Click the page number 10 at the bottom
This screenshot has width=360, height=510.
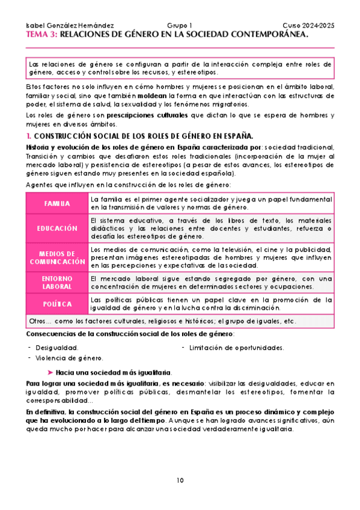coord(180,480)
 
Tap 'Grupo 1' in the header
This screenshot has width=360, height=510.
coord(179,26)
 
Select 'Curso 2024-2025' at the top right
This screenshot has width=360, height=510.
coord(308,26)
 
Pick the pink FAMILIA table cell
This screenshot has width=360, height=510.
coord(57,203)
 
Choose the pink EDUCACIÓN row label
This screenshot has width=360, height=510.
coord(57,229)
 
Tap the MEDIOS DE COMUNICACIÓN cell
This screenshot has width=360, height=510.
coord(57,258)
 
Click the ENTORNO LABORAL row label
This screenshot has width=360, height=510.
coord(57,283)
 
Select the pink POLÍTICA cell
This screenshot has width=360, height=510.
coord(57,304)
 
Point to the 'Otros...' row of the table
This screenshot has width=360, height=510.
coord(162,321)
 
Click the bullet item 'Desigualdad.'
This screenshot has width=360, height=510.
coord(56,348)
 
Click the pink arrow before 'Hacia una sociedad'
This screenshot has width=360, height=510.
coord(50,372)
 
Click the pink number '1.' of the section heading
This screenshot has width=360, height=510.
coord(30,135)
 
